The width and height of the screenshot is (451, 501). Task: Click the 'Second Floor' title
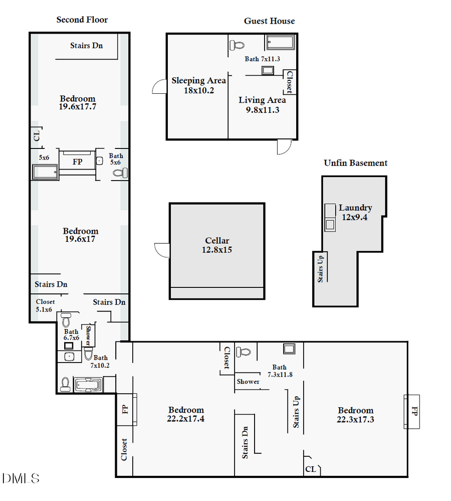[x=82, y=20]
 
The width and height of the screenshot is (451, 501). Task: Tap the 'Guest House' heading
[x=269, y=21]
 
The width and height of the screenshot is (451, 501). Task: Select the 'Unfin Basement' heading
[x=355, y=163]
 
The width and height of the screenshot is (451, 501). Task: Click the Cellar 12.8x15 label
[x=217, y=245]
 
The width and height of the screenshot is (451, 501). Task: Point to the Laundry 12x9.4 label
[x=355, y=212]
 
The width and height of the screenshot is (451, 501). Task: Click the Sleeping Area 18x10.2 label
[x=198, y=85]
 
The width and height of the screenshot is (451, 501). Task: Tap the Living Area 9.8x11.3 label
[x=262, y=105]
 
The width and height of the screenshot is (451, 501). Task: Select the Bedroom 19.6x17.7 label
[x=78, y=102]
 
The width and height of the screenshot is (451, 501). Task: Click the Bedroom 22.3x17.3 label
[x=355, y=415]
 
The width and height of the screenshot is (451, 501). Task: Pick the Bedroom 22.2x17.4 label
[x=186, y=414]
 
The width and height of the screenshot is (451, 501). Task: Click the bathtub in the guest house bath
[x=281, y=42]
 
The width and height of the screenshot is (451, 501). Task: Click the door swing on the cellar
[x=161, y=249]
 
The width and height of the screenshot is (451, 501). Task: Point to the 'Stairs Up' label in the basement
[x=321, y=269]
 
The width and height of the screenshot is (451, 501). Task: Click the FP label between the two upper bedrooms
[x=77, y=162]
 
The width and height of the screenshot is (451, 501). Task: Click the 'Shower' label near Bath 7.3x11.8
[x=248, y=382]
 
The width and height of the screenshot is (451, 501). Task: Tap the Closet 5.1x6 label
[x=45, y=306]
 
